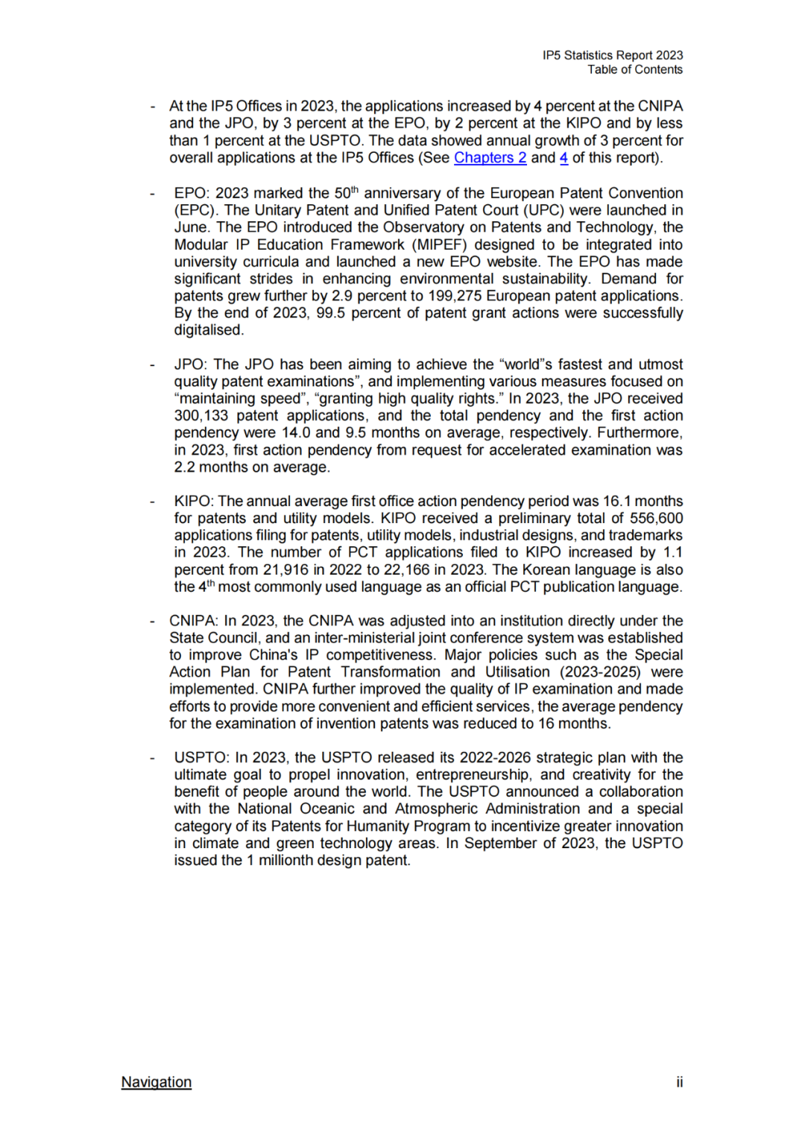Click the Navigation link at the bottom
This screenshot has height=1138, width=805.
157,1082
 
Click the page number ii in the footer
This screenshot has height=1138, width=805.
679,1082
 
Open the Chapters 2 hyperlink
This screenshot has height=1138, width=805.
490,158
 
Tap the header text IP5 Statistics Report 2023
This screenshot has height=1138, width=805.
613,55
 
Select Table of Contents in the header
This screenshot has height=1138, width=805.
634,69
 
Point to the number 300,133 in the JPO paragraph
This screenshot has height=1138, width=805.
201,416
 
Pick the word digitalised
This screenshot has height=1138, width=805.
209,330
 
